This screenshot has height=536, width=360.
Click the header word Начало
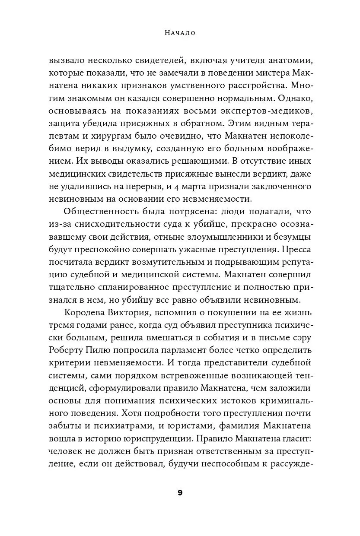180,33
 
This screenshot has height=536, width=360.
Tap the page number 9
180,493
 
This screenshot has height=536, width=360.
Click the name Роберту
65,349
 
